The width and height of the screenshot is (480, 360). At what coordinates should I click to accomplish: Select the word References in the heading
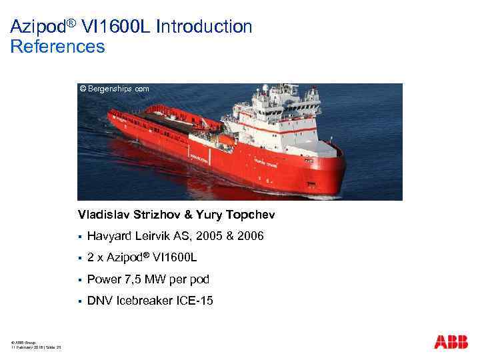pyautogui.click(x=58, y=47)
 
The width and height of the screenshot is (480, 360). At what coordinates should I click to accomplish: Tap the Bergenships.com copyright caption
pyautogui.click(x=114, y=88)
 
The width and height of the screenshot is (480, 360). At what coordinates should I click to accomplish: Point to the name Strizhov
pyautogui.click(x=163, y=215)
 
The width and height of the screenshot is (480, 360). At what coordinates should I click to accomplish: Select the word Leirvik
pyautogui.click(x=157, y=236)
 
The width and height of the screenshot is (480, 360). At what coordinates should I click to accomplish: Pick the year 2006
pyautogui.click(x=251, y=236)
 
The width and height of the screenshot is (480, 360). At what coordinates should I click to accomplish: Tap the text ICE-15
pyautogui.click(x=192, y=300)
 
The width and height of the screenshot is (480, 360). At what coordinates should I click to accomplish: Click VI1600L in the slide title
pyautogui.click(x=118, y=27)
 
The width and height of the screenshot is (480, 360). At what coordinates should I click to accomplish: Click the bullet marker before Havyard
pyautogui.click(x=79, y=237)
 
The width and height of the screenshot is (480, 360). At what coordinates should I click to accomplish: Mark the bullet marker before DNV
pyautogui.click(x=79, y=301)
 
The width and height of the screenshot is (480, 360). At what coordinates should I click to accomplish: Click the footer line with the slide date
pyautogui.click(x=37, y=348)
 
